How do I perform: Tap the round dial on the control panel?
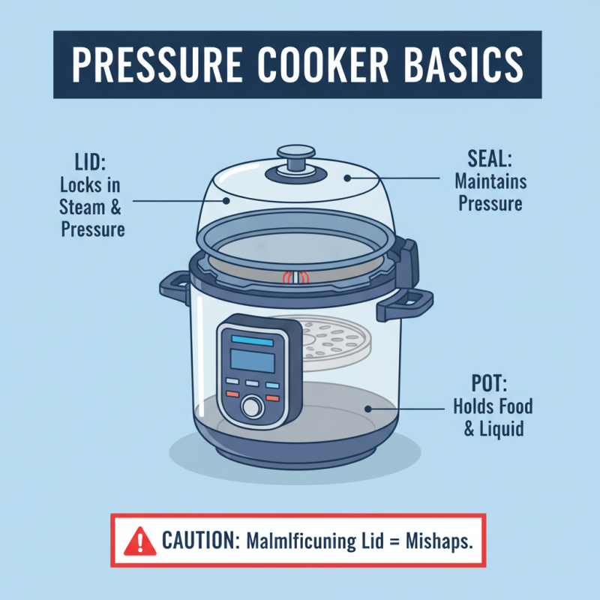click(x=253, y=406)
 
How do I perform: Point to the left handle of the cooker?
click(x=175, y=287)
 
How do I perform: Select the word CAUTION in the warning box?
click(x=196, y=541)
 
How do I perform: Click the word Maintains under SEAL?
click(x=490, y=182)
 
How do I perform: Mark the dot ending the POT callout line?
click(x=367, y=409)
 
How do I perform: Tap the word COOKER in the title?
click(x=318, y=65)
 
